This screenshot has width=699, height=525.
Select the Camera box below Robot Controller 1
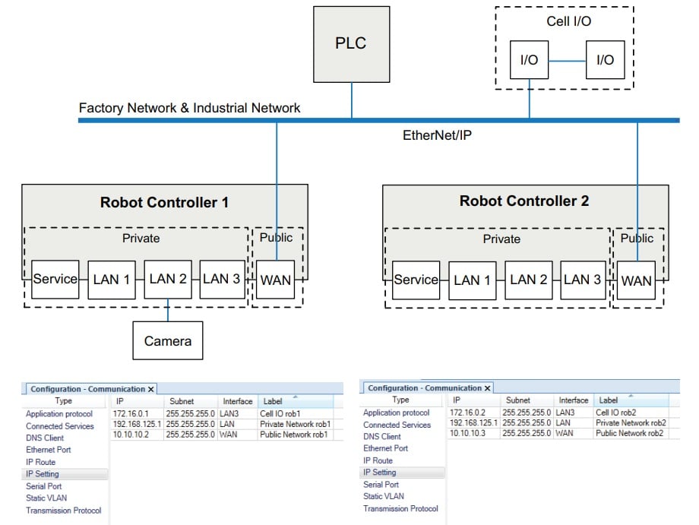pyautogui.click(x=168, y=341)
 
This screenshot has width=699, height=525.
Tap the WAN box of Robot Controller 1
pyautogui.click(x=275, y=280)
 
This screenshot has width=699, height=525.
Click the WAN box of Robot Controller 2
pyautogui.click(x=636, y=280)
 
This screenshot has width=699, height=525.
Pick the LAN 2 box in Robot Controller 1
pyautogui.click(x=168, y=280)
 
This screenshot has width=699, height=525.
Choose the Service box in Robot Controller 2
pyautogui.click(x=416, y=280)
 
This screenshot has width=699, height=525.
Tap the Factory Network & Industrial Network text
pyautogui.click(x=189, y=108)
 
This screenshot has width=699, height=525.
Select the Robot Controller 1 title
pyautogui.click(x=164, y=203)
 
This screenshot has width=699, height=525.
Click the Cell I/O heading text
pyautogui.click(x=568, y=21)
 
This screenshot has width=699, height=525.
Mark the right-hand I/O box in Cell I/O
pyautogui.click(x=605, y=60)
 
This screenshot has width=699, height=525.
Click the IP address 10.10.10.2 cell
pyautogui.click(x=131, y=435)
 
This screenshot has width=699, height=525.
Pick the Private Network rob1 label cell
pyautogui.click(x=293, y=424)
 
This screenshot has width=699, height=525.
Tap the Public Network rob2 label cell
pyautogui.click(x=630, y=433)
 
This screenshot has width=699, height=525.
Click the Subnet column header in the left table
pyautogui.click(x=181, y=401)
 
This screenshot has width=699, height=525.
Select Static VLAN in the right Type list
pyautogui.click(x=384, y=496)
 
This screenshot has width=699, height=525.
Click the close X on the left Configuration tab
pyautogui.click(x=150, y=389)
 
